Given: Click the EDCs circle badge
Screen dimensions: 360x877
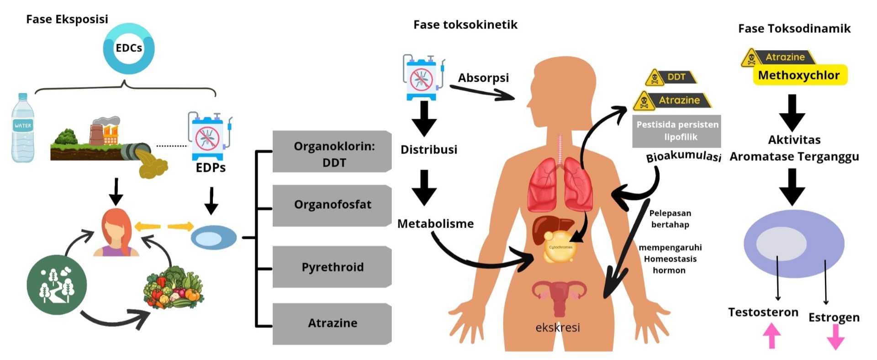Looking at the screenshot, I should [129, 48].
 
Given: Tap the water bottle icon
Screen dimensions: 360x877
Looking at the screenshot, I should [23, 128].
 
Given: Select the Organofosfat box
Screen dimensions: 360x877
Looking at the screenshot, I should [332, 205].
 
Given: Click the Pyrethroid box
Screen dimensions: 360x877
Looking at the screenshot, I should [332, 267].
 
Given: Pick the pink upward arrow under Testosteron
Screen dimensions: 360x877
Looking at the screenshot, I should [771, 336].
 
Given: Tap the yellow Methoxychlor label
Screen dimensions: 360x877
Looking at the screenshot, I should [799, 75].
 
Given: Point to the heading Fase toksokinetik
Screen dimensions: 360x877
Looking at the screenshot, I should [465, 25].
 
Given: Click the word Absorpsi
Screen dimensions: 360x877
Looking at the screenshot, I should [483, 78].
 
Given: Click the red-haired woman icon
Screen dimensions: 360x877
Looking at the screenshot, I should [116, 233].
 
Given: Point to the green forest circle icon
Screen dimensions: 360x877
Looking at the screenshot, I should [57, 285].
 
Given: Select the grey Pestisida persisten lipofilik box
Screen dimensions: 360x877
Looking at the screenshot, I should [677, 131].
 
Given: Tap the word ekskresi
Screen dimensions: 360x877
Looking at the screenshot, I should [558, 327].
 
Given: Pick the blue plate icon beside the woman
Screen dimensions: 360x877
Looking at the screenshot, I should [213, 238].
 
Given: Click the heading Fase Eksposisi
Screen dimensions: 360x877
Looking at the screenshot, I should [67, 19].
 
